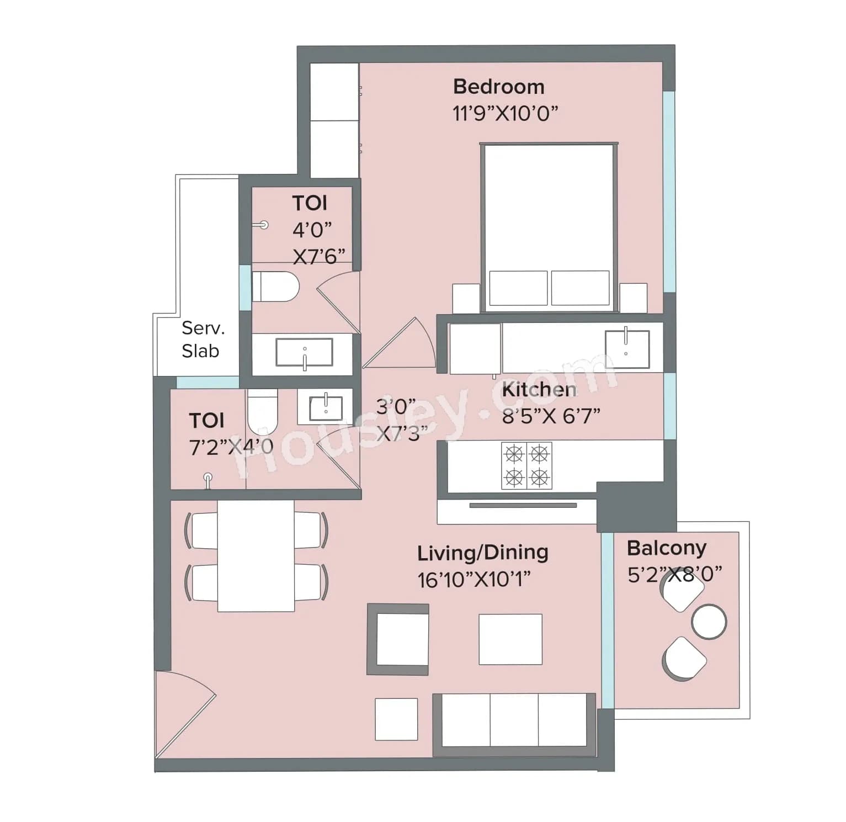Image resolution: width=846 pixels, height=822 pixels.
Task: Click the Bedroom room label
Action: [498, 87]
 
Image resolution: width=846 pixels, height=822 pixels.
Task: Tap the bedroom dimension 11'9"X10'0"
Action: [505, 114]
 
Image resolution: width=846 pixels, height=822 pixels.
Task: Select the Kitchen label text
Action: [539, 390]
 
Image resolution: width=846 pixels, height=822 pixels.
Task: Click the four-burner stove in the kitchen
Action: [526, 465]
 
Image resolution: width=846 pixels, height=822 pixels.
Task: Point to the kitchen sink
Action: [626, 349]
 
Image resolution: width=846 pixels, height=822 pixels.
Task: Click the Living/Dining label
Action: [482, 553]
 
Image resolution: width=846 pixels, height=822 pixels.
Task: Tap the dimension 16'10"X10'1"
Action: [473, 580]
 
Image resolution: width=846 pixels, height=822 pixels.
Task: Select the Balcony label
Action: [666, 548]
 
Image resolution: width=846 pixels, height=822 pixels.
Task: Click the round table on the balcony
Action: [709, 622]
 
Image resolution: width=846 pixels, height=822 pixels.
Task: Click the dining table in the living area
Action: [256, 556]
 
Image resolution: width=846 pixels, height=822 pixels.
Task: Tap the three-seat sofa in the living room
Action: [514, 724]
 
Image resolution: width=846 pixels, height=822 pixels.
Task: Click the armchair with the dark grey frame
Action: [398, 639]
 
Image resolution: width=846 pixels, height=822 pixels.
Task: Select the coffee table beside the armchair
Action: [510, 639]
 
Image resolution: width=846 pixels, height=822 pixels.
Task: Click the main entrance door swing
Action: [179, 712]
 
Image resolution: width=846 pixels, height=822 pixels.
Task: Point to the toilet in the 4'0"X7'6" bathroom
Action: [274, 287]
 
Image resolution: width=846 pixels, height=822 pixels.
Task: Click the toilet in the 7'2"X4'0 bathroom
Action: [262, 412]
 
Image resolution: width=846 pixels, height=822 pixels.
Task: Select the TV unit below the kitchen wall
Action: [522, 506]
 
